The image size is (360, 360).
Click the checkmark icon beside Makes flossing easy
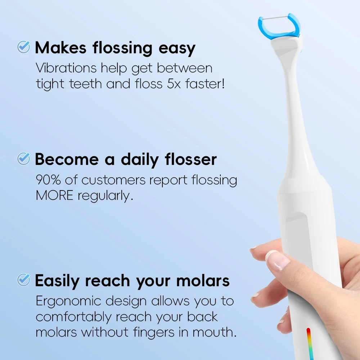[x=24, y=47]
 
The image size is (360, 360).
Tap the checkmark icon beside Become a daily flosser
[x=24, y=159]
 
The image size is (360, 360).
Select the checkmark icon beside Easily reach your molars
[x=24, y=280]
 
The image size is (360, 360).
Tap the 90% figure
[x=48, y=180]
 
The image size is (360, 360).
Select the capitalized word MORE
[x=54, y=196]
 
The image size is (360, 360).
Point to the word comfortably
[x=74, y=317]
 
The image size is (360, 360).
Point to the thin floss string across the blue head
[x=279, y=16]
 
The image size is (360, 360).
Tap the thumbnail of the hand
[x=277, y=260]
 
